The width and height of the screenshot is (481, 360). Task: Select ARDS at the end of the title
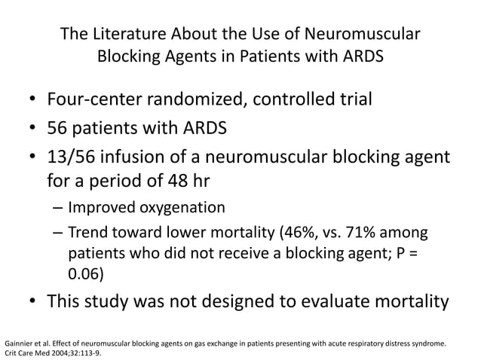coord(362,57)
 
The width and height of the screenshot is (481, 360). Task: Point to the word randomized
coord(208,99)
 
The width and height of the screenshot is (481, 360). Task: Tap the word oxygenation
coord(181,207)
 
